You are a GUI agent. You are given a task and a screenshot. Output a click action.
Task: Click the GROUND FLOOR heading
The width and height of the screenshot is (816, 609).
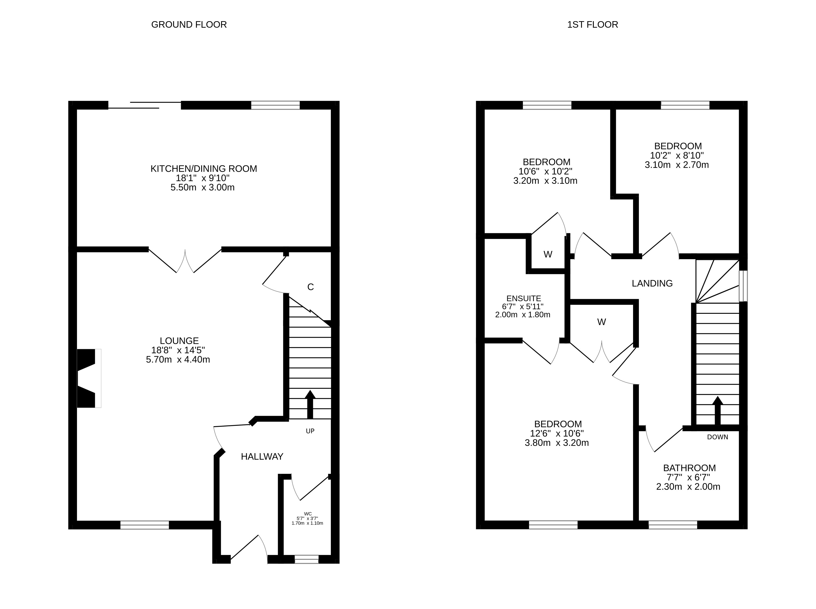[189, 25]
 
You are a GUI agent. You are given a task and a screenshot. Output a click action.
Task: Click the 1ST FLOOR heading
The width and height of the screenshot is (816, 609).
[593, 25]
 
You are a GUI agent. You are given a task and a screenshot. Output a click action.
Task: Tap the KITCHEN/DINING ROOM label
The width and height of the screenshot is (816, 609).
[204, 169]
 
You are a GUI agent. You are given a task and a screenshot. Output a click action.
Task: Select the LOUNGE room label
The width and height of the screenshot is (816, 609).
[179, 341]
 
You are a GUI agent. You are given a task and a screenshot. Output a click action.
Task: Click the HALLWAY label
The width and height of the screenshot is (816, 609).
[262, 457]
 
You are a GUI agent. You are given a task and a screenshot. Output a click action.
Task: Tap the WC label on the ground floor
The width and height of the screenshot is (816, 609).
[308, 514]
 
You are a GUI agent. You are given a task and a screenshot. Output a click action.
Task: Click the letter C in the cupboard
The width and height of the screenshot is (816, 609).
[310, 287]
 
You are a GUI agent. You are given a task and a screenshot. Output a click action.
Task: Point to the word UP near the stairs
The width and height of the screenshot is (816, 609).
[310, 431]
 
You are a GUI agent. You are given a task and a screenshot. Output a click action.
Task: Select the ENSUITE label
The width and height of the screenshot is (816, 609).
[524, 299]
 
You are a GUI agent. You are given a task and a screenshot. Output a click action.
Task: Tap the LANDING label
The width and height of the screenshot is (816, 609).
[652, 284]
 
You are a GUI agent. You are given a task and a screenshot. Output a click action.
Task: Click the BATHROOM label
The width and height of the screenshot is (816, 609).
[689, 468]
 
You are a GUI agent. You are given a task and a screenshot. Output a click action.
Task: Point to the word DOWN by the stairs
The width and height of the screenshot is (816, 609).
[718, 437]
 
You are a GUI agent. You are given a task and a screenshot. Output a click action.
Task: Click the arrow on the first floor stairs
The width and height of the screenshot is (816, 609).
[717, 410]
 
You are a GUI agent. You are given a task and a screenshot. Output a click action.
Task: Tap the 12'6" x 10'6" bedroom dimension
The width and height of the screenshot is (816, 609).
[557, 434]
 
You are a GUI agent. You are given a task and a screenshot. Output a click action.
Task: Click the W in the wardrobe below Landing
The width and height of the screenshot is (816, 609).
[601, 322]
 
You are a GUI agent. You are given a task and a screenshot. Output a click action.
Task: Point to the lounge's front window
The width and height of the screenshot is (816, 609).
[144, 525]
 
